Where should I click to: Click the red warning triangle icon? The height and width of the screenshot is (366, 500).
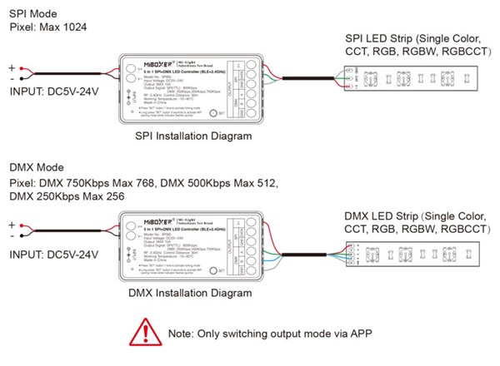click(x=142, y=332)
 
